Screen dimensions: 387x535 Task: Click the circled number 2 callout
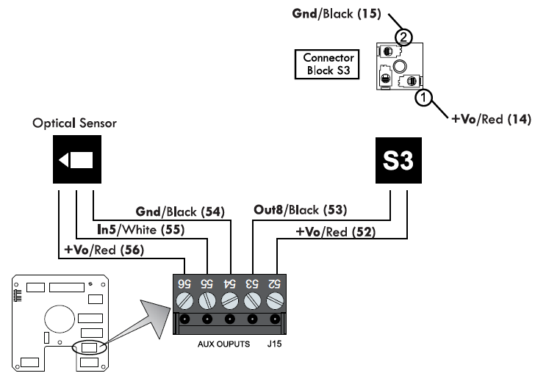click(x=402, y=37)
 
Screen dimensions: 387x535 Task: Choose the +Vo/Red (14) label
click(x=489, y=117)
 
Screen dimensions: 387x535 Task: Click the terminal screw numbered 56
click(x=186, y=300)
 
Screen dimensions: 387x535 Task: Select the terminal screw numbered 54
click(x=230, y=300)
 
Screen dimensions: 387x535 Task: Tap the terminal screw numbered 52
click(x=276, y=300)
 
